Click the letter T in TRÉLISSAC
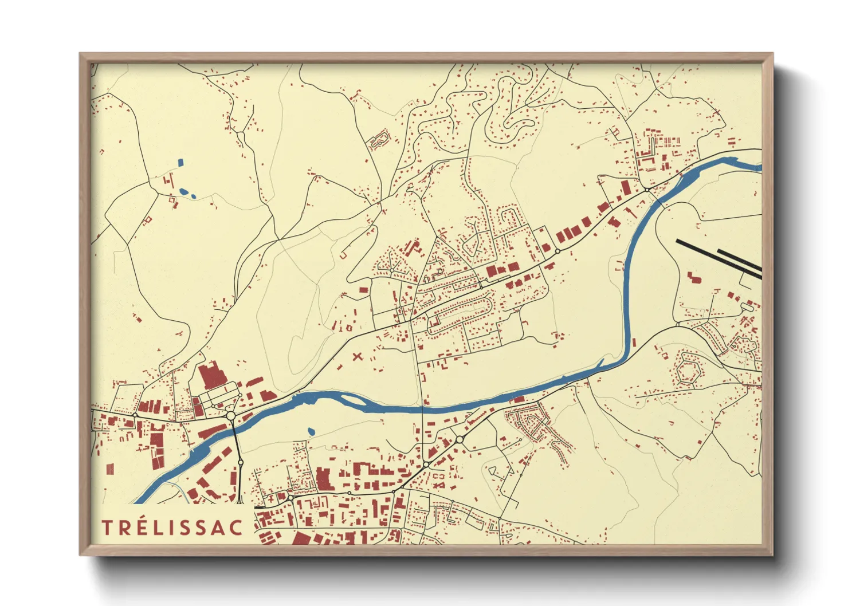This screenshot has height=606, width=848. pyautogui.click(x=107, y=528)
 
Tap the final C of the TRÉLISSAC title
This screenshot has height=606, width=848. pyautogui.click(x=235, y=528)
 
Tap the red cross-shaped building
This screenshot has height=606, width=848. pyautogui.click(x=358, y=356)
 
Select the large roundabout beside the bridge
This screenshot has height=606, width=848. pyautogui.click(x=231, y=415)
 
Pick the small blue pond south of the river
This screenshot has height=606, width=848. pyautogui.click(x=311, y=431)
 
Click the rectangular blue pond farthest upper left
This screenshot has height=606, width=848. pyautogui.click(x=181, y=162)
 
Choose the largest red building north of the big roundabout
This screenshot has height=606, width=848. pyautogui.click(x=210, y=376)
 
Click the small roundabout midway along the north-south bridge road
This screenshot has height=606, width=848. pyautogui.click(x=240, y=462)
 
